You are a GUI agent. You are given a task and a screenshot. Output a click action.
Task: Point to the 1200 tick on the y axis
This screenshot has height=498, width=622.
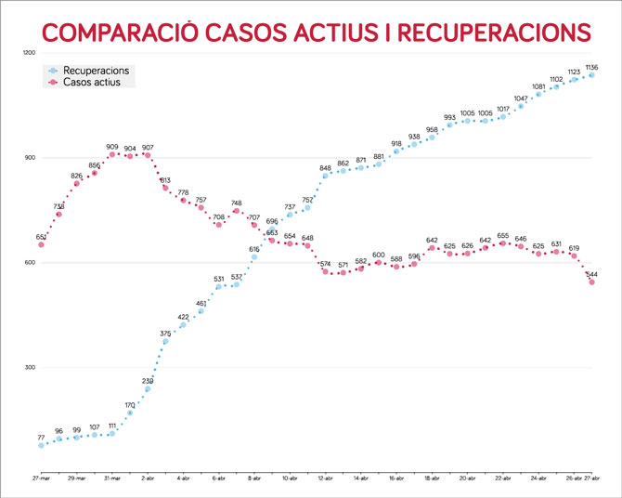(x=28, y=52)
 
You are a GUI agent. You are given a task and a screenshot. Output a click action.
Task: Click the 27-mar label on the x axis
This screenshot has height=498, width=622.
(x=41, y=477)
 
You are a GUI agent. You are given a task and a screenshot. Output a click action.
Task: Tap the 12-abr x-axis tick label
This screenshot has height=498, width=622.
(x=325, y=477)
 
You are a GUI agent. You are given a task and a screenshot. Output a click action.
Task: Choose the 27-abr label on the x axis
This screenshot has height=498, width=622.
(x=591, y=477)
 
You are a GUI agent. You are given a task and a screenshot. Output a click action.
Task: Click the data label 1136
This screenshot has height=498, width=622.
(x=591, y=67)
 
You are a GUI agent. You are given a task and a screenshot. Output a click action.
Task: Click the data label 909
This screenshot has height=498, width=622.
(x=112, y=147)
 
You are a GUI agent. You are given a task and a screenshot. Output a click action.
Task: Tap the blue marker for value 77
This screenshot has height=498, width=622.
(x=41, y=445)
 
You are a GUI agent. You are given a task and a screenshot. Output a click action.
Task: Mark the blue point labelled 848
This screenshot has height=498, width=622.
(x=325, y=175)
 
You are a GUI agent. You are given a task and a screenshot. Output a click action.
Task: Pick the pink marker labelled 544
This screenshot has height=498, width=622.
(x=591, y=282)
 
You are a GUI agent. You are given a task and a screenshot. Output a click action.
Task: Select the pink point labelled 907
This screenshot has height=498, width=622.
(x=148, y=155)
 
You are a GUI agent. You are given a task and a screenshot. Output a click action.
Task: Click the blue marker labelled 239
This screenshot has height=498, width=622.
(x=148, y=388)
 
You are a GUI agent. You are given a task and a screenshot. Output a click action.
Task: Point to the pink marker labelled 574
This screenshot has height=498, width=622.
(x=325, y=271)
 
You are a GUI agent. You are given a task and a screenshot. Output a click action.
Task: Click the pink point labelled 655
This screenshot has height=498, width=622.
(x=503, y=242)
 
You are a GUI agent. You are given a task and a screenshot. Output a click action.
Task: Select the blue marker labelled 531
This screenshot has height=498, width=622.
(x=219, y=286)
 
